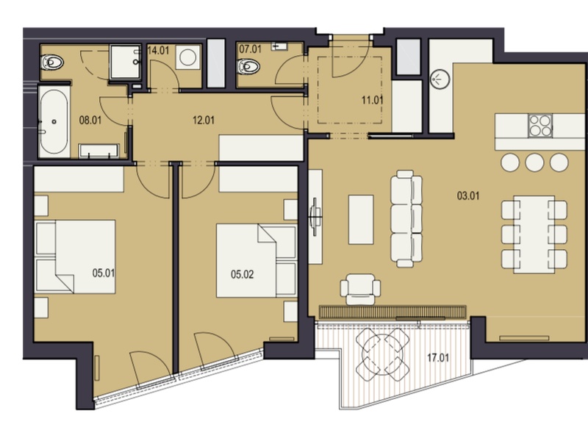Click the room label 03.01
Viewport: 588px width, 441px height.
coord(468,196)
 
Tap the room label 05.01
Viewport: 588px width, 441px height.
coord(104,273)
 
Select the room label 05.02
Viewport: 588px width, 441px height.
coord(243,274)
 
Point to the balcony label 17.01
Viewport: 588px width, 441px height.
coord(438,358)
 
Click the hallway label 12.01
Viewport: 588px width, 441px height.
coord(204,121)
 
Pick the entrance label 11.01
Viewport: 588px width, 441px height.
coord(373,100)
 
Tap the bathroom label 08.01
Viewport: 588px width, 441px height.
coord(90,121)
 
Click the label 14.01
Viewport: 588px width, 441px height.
coord(158,51)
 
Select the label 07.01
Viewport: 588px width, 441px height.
coord(250,49)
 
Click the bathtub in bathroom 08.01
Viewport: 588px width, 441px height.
coord(54,121)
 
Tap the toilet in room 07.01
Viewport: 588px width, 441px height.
coord(248,66)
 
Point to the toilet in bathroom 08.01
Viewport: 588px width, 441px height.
coord(52,62)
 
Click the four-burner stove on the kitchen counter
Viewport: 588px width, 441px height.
coord(540,126)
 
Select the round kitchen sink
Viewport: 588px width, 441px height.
coord(440,79)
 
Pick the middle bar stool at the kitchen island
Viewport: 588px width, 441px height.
coord(534,162)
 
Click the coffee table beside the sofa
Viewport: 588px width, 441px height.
coord(361,219)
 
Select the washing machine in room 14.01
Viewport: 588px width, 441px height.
coord(188,58)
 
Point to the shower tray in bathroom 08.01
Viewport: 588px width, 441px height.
coord(125,62)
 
